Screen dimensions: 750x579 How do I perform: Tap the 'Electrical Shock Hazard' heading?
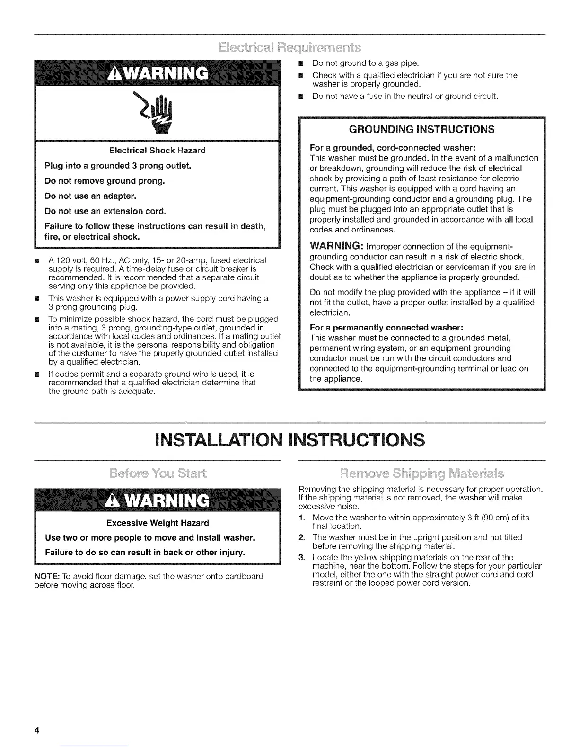pos(157,151)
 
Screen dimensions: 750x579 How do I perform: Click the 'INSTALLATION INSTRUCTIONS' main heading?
pos(289,440)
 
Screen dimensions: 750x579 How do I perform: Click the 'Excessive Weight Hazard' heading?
pos(158,523)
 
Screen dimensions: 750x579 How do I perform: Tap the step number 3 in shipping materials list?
pos(301,557)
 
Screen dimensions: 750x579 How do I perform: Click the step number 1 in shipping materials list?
pos(301,518)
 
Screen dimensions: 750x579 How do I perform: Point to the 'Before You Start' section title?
pos(158,473)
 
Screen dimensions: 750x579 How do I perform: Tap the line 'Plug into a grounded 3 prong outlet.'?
pos(111,166)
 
